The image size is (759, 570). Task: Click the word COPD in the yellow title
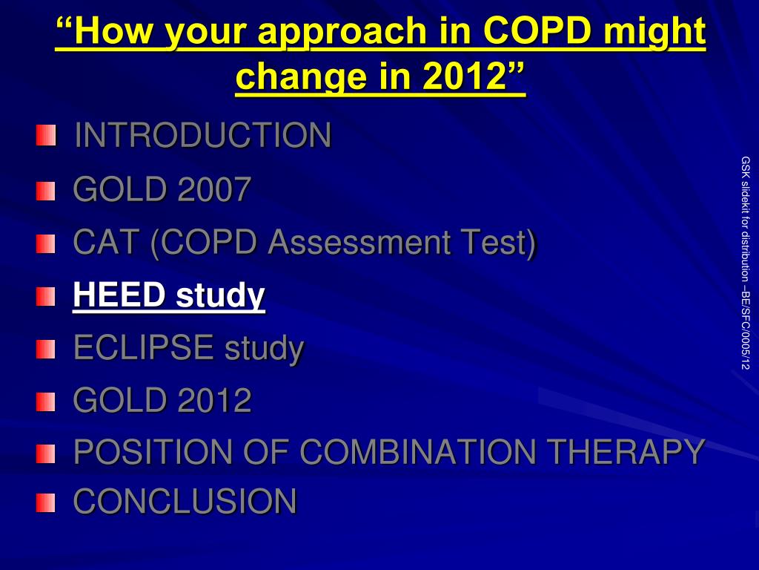click(x=537, y=30)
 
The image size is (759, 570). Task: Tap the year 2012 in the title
click(x=464, y=76)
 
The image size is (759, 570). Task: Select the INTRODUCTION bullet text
click(x=203, y=135)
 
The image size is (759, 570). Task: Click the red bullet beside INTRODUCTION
click(x=45, y=135)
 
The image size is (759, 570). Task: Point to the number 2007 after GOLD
click(x=214, y=189)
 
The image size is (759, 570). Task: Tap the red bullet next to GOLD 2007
click(x=45, y=191)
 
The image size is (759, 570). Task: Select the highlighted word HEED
click(x=119, y=294)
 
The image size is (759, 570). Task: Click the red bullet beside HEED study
click(x=45, y=297)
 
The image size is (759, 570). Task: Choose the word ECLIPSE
click(x=144, y=347)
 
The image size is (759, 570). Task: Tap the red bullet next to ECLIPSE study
click(x=45, y=349)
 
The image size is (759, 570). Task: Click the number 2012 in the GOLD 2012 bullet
click(x=214, y=400)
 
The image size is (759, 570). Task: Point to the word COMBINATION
click(x=418, y=452)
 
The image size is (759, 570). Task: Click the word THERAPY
click(x=626, y=452)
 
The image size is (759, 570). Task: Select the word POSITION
click(x=153, y=452)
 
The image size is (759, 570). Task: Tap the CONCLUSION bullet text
click(x=185, y=501)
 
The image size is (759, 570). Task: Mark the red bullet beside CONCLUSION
click(x=45, y=502)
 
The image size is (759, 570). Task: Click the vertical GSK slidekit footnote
click(x=745, y=263)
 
